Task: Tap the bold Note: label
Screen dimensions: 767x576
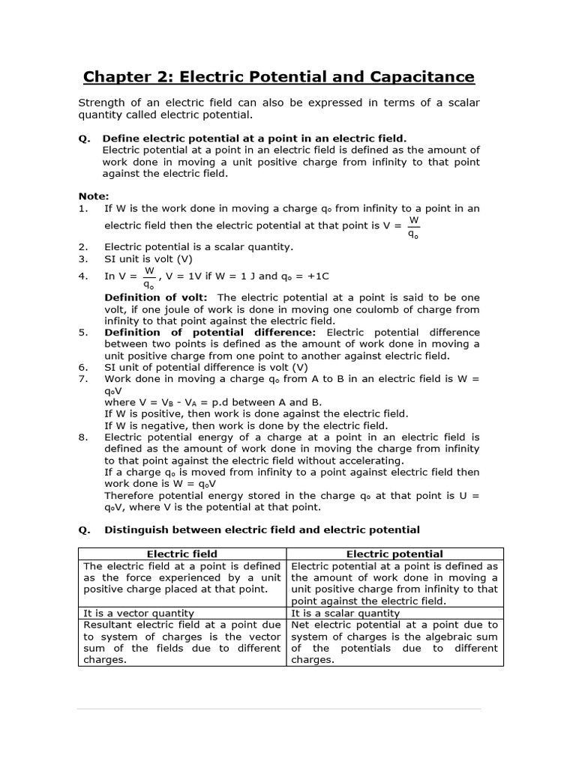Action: click(94, 196)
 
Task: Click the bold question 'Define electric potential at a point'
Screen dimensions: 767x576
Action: click(254, 138)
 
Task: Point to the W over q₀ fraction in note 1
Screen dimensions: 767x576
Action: click(414, 225)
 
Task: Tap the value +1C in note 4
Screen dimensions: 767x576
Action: click(313, 276)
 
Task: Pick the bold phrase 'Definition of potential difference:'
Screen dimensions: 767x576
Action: click(210, 332)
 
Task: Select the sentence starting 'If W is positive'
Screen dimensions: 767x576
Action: click(256, 413)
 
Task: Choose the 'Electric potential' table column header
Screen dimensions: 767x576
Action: click(396, 554)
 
